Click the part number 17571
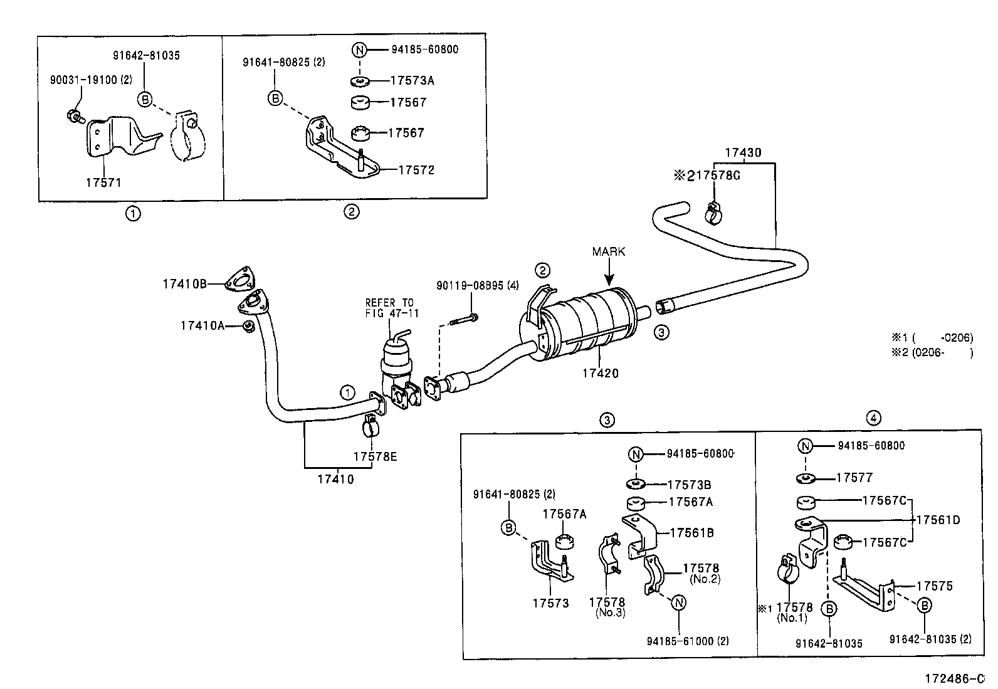tap(103, 182)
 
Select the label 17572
tap(416, 170)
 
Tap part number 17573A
tap(412, 80)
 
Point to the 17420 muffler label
tap(601, 373)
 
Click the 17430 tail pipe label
tap(743, 152)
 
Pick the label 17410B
tap(185, 284)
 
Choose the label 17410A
tap(202, 326)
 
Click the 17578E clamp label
tap(375, 456)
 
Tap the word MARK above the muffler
tap(609, 251)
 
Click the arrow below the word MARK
tap(609, 272)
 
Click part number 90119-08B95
tap(470, 285)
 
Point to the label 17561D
tap(938, 520)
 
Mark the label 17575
tap(935, 586)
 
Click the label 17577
tap(854, 478)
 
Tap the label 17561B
tap(692, 532)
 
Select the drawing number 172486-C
tap(955, 678)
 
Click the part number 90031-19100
tap(83, 80)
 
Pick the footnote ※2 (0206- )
tap(932, 352)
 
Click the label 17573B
tap(689, 485)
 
